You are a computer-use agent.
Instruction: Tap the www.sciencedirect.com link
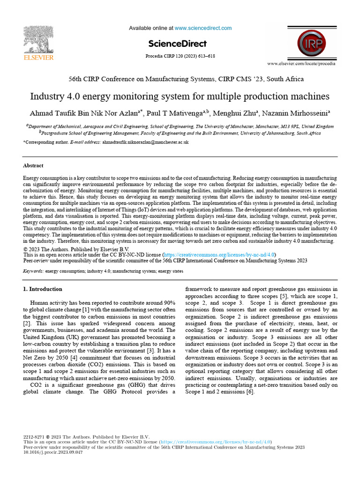tap(203, 28)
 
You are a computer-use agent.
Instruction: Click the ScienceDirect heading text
tap(177, 44)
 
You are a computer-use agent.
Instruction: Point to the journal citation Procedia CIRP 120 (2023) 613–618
tap(180, 56)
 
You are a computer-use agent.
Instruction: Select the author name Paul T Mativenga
tap(180, 113)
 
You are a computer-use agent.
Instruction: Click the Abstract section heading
tap(33, 165)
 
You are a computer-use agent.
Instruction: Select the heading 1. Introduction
tap(43, 289)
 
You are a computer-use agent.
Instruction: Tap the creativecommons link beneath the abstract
tap(218, 255)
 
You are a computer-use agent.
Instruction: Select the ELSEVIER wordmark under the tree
tap(38, 58)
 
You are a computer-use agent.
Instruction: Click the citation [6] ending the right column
tap(250, 392)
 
